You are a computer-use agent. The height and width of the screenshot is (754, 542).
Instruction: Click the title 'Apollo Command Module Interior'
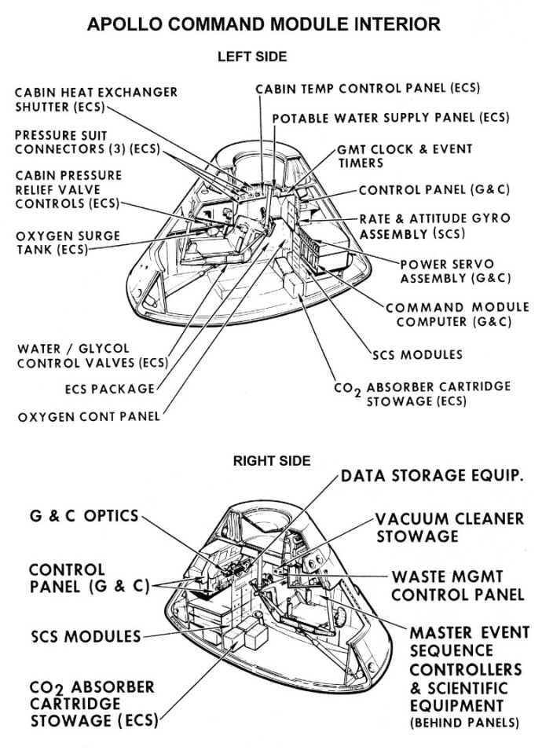pyautogui.click(x=263, y=24)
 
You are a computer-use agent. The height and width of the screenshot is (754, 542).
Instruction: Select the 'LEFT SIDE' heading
pyautogui.click(x=251, y=57)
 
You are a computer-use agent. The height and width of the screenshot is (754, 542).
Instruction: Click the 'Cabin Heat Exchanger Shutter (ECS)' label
pyautogui.click(x=96, y=100)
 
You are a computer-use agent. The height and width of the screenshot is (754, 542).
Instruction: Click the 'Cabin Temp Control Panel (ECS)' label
pyautogui.click(x=368, y=88)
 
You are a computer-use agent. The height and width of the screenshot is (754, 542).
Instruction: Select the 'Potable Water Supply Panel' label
pyautogui.click(x=390, y=118)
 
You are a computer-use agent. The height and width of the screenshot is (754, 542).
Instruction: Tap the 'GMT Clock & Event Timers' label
pyautogui.click(x=405, y=156)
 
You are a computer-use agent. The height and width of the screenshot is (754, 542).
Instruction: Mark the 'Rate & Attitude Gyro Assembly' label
pyautogui.click(x=434, y=225)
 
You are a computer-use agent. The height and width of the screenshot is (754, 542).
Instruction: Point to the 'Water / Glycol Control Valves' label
pyautogui.click(x=93, y=355)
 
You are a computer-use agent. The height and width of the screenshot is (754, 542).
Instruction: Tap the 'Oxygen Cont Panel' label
pyautogui.click(x=89, y=416)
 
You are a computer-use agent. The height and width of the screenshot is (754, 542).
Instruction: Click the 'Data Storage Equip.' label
pyautogui.click(x=433, y=476)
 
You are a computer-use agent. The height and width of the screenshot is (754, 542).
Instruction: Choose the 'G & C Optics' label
pyautogui.click(x=84, y=516)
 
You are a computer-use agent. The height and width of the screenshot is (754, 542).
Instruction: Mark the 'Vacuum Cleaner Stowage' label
pyautogui.click(x=449, y=527)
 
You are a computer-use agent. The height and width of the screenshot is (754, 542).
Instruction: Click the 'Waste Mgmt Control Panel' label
pyautogui.click(x=457, y=586)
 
